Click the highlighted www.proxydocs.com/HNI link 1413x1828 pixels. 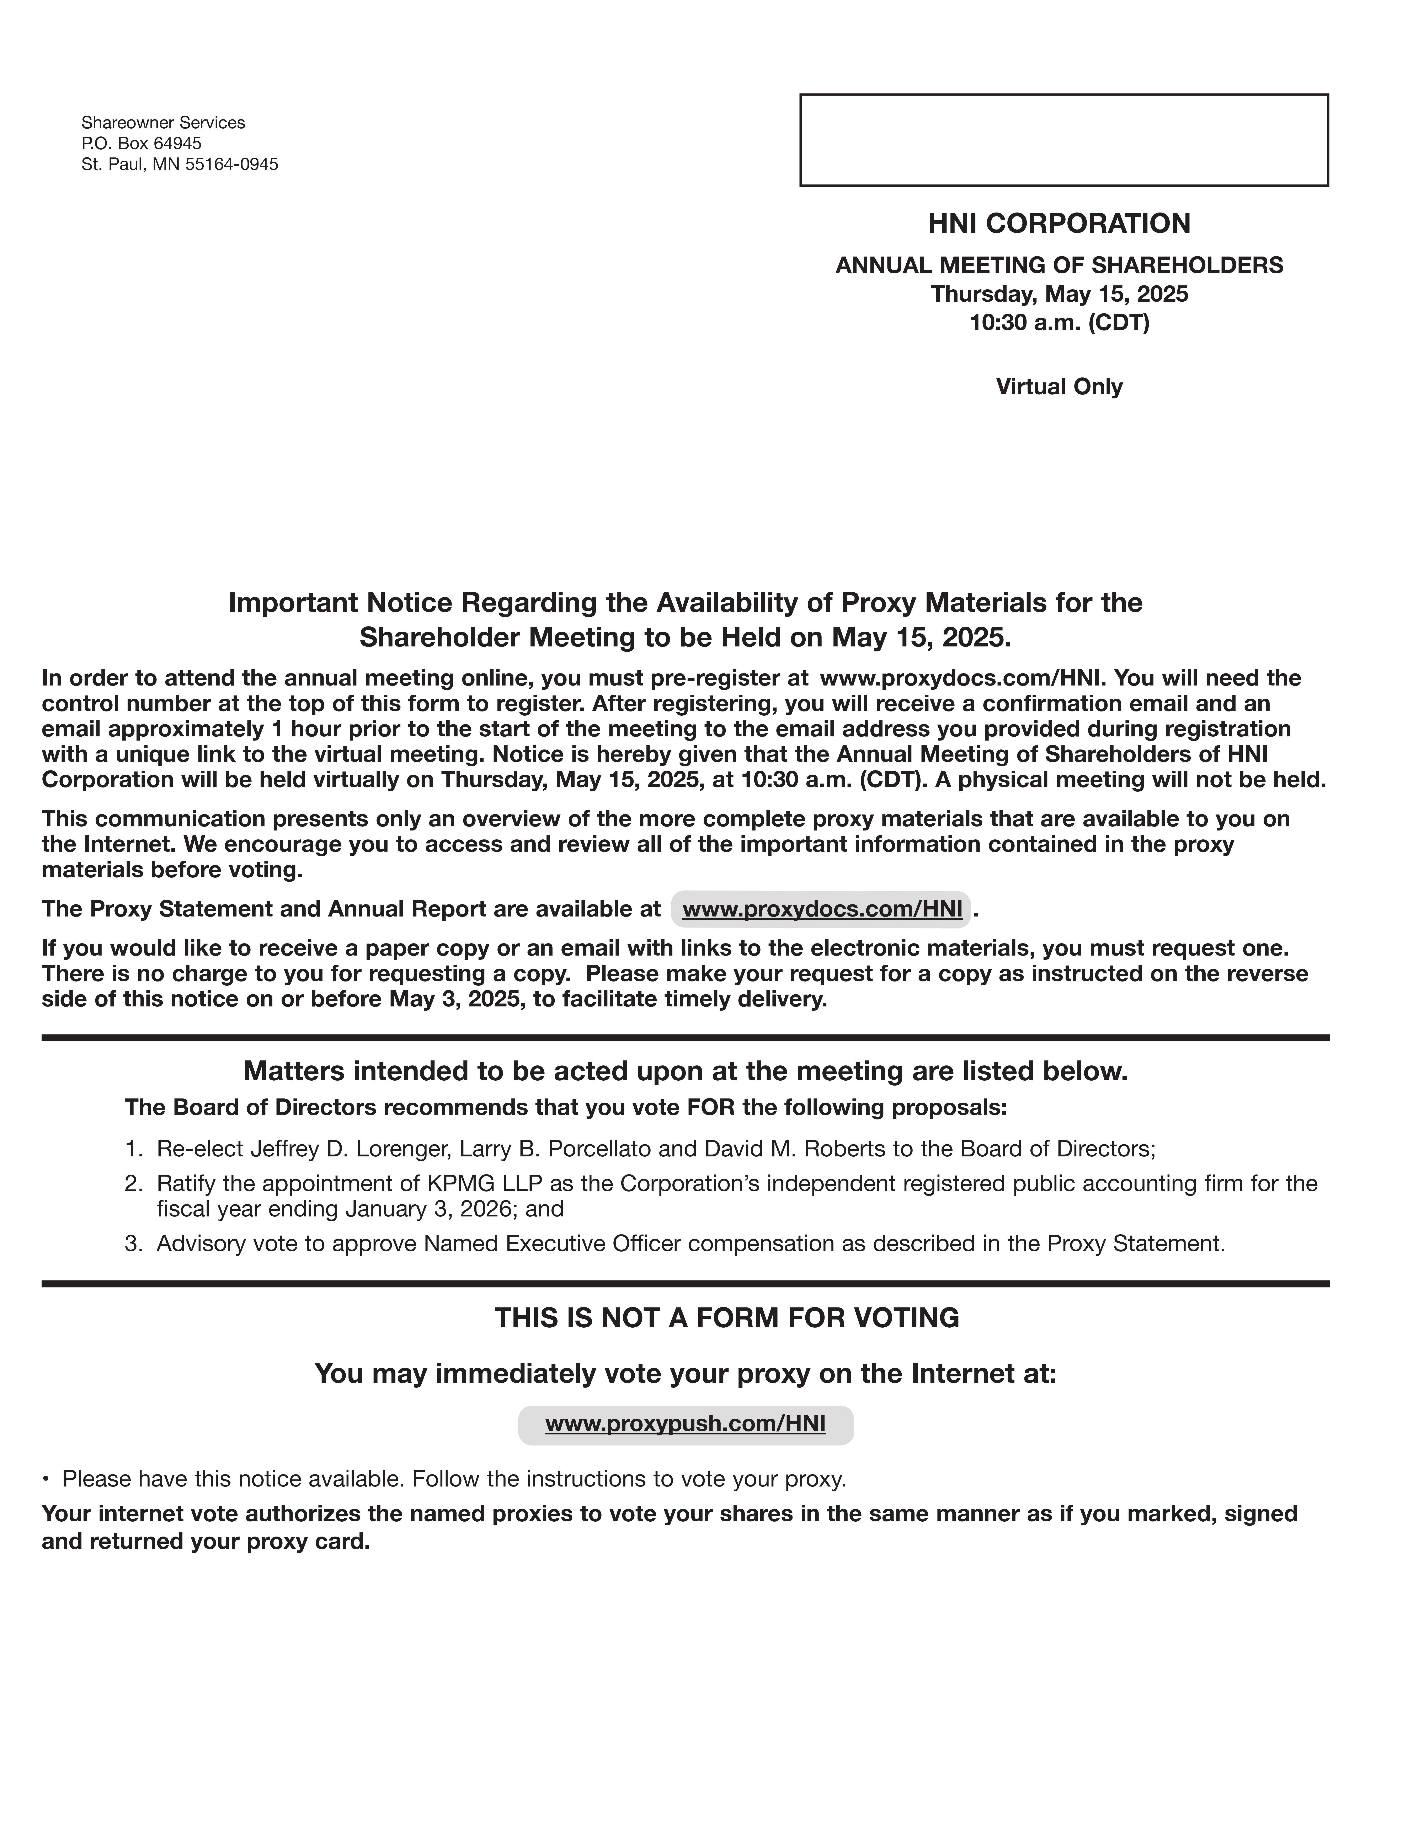pyautogui.click(x=822, y=909)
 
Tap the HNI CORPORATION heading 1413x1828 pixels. pyautogui.click(x=1059, y=224)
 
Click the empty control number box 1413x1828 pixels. pyautogui.click(x=1063, y=140)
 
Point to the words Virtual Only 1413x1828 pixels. pyautogui.click(x=1059, y=387)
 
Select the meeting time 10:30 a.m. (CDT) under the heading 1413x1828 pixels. pyautogui.click(x=1059, y=322)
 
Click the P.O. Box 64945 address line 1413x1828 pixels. pyautogui.click(x=142, y=143)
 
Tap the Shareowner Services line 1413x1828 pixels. pyautogui.click(x=163, y=123)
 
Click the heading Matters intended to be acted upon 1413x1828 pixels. pyautogui.click(x=685, y=1071)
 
